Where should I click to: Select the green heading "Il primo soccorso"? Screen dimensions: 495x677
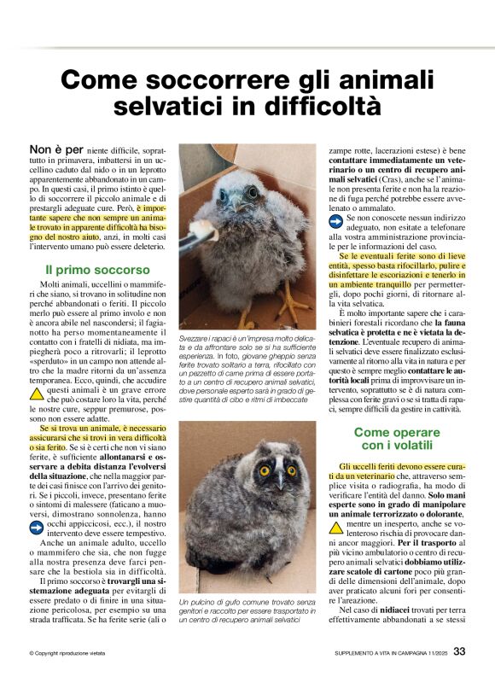point(85,270)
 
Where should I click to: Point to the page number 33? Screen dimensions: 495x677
point(459,651)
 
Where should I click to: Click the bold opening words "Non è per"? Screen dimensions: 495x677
point(56,149)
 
